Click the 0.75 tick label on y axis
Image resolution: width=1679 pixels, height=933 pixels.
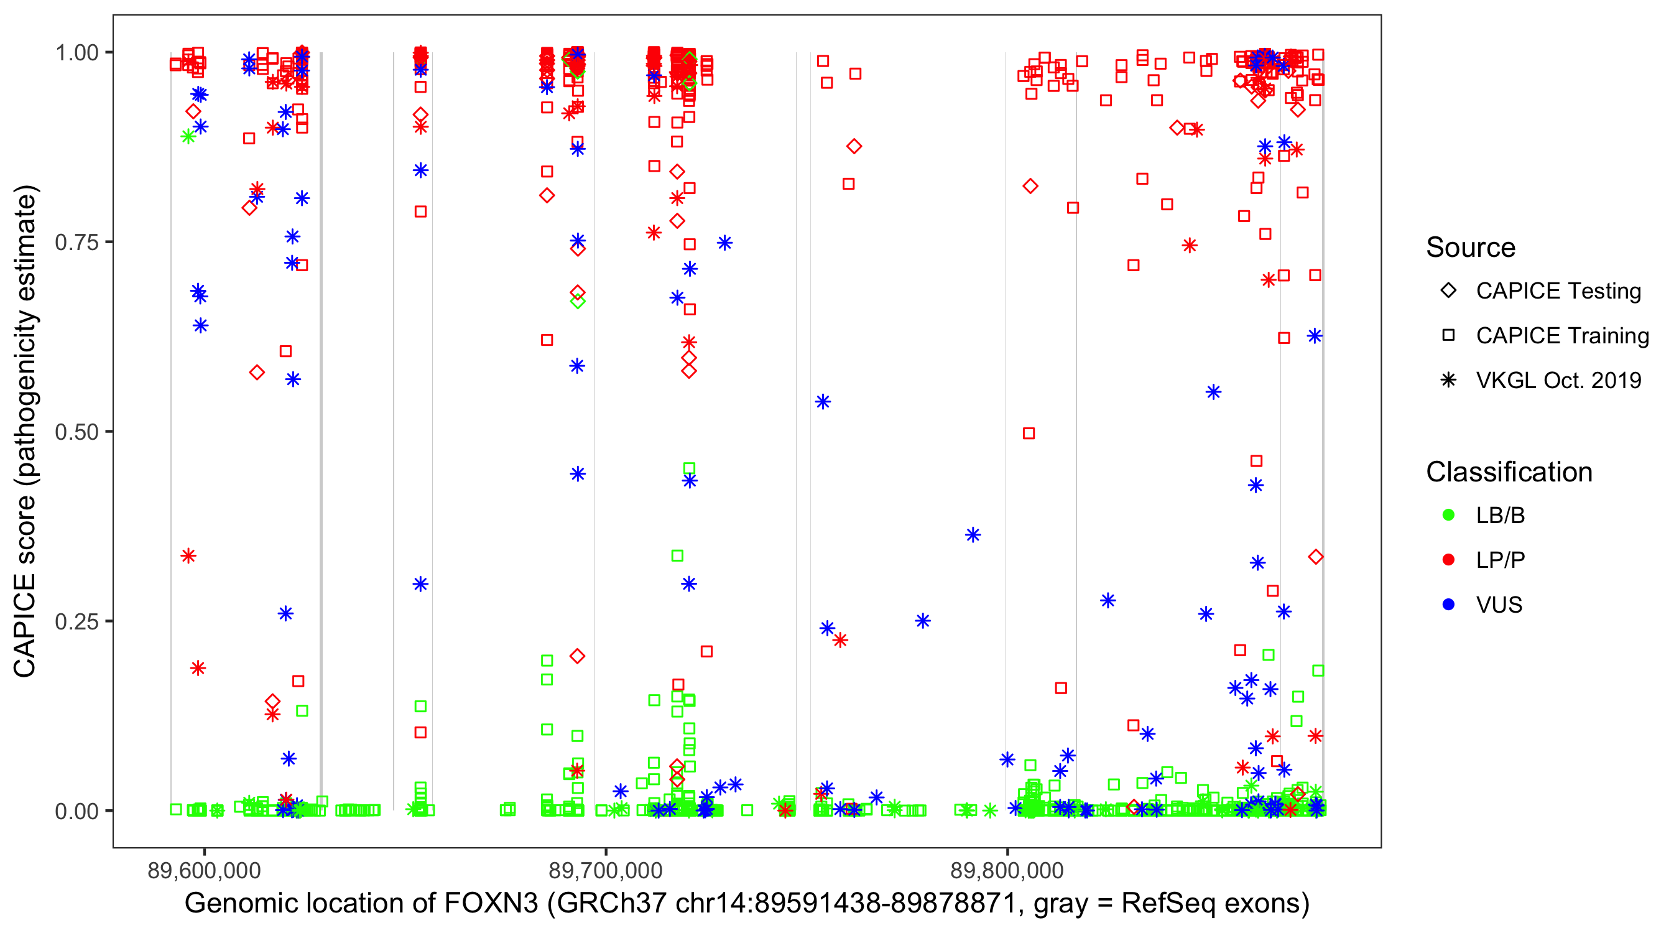coord(76,243)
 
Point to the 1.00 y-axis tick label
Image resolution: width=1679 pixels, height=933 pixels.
coord(76,53)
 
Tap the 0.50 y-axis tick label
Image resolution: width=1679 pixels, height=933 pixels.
coord(76,432)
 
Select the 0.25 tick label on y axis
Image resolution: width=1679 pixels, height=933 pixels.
coord(76,621)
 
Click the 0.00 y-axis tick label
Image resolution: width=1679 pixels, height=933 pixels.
coord(76,811)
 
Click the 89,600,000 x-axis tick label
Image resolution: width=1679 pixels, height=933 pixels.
coord(204,870)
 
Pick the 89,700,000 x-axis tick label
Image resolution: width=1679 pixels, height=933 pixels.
coord(606,870)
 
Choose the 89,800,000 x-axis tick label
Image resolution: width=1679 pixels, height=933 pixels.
coord(1007,870)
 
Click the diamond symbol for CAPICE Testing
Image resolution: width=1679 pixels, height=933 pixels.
coord(1448,291)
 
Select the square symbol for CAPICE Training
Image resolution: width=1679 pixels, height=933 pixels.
coord(1448,335)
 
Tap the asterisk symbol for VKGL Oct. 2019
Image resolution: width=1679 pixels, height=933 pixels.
coord(1448,380)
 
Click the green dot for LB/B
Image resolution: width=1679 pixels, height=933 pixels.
coord(1448,515)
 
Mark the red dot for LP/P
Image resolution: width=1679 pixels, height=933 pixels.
coord(1448,560)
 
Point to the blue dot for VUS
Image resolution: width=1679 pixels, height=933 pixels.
coord(1448,605)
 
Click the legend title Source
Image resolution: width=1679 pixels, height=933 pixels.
coord(1471,248)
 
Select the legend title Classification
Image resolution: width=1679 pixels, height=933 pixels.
coord(1509,472)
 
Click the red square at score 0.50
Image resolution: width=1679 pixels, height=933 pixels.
coord(1029,434)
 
